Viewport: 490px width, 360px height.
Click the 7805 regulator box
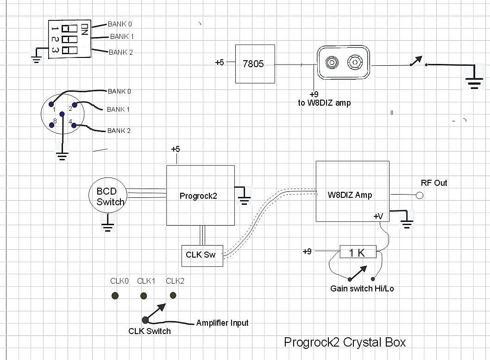255,64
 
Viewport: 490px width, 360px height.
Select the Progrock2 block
201,196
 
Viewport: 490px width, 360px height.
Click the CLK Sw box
202,255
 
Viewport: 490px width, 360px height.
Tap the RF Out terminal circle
420,196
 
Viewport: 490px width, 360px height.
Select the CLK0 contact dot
115,296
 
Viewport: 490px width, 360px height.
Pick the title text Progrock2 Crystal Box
345,342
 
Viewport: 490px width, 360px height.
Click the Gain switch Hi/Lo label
362,289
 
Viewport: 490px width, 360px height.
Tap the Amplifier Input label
222,323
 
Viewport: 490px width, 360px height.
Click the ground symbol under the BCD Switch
107,227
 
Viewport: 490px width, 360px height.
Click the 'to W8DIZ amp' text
324,103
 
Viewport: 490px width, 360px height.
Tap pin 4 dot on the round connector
74,125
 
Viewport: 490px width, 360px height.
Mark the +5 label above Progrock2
176,149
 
